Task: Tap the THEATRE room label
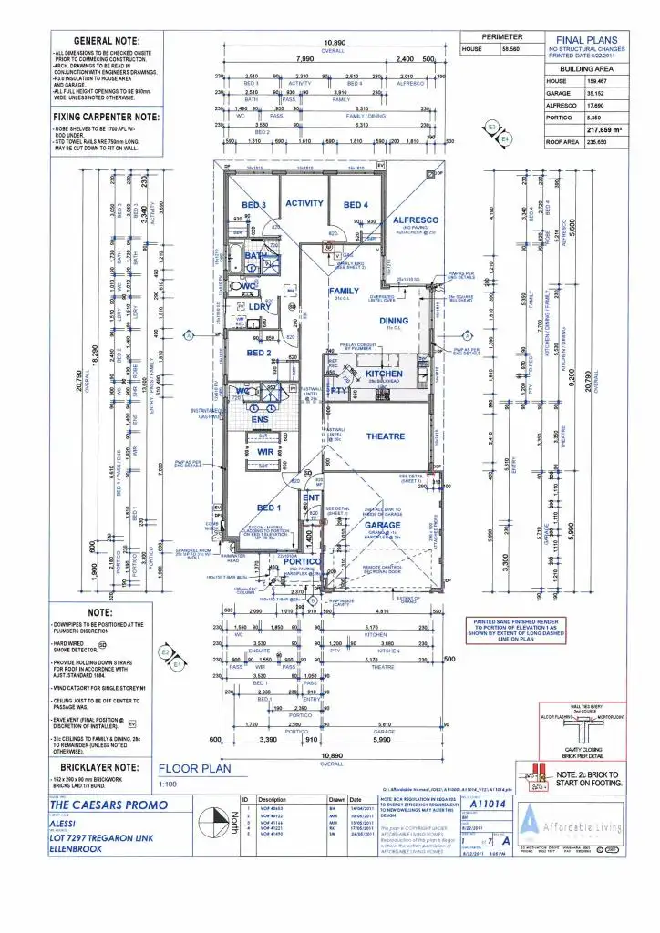pos(386,436)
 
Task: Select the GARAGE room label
pos(383,526)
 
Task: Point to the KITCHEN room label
pos(384,374)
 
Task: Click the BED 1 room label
pos(269,508)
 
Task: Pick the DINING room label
pos(394,321)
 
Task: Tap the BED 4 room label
pos(356,205)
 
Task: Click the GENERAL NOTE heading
pos(107,42)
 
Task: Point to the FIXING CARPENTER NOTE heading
pos(107,117)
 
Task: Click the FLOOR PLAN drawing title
pos(193,768)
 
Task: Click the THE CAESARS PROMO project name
pos(108,805)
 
